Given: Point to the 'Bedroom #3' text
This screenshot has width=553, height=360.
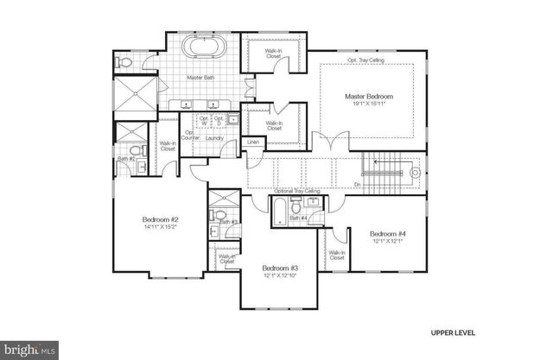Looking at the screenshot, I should (x=280, y=270).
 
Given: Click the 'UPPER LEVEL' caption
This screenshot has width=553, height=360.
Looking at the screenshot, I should (x=452, y=332).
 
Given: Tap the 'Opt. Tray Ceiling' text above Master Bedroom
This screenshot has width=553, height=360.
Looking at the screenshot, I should (x=364, y=60).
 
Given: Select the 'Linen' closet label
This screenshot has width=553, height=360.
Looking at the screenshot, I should (x=254, y=142).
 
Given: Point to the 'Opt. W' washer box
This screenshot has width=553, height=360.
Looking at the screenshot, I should (x=204, y=120).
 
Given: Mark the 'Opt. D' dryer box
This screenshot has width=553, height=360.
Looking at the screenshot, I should (x=219, y=120).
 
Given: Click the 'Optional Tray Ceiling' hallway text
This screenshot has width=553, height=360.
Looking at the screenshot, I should (x=297, y=191).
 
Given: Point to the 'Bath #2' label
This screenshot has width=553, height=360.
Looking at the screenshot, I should (x=125, y=159).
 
